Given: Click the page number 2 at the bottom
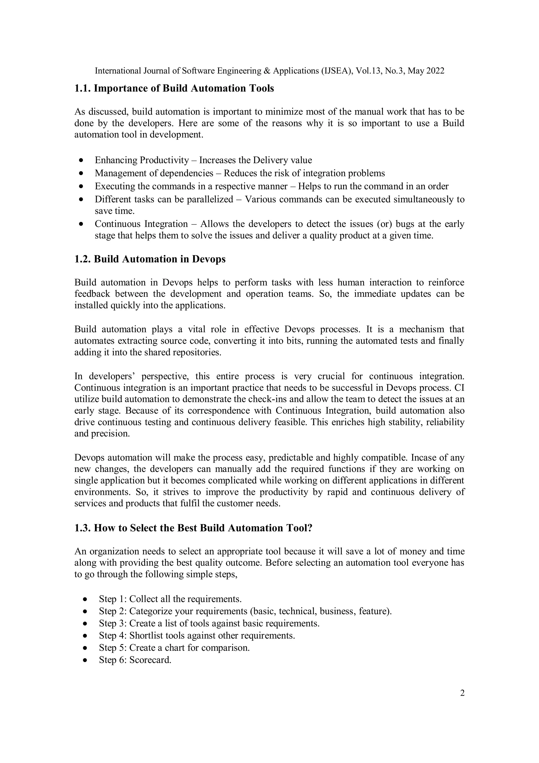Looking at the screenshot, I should pyautogui.click(x=462, y=693).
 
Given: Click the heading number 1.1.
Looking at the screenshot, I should pyautogui.click(x=83, y=88).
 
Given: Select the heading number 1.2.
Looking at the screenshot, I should pyautogui.click(x=83, y=259).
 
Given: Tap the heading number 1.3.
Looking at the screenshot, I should pyautogui.click(x=83, y=528).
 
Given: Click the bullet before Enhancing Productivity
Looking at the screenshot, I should pyautogui.click(x=81, y=160).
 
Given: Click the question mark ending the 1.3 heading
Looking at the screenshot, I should pyautogui.click(x=310, y=528).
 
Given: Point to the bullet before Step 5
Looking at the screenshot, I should pyautogui.click(x=85, y=648).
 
